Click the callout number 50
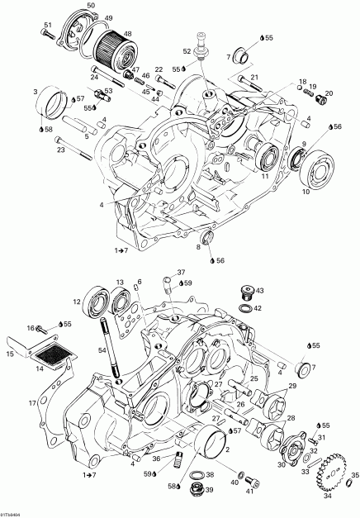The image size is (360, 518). coord(90,7)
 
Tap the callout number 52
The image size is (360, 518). coord(187,51)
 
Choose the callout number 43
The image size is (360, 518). coord(259,291)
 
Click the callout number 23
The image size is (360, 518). coord(59,150)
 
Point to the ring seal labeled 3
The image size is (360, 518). coord(59,102)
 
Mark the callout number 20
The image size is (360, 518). coord(329,93)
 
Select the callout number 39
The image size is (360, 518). coord(209,490)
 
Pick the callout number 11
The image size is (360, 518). coord(265,177)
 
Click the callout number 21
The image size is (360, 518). coord(254,77)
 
